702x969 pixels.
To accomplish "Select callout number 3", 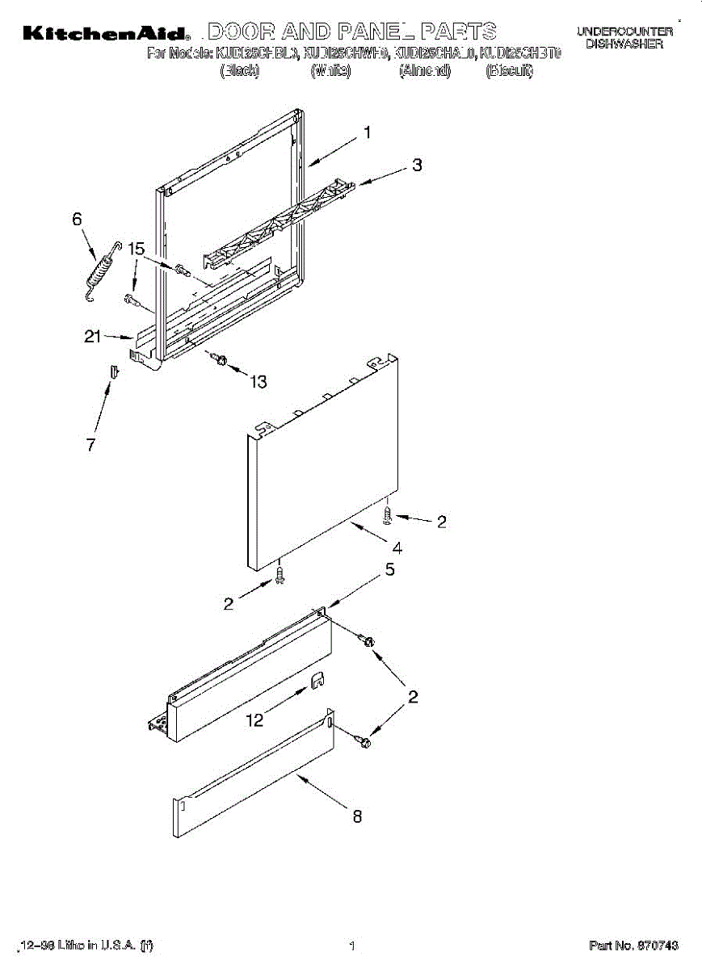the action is click(417, 166).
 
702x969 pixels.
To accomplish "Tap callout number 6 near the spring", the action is click(78, 218).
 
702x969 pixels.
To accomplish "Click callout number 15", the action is click(136, 250).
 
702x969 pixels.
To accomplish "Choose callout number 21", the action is click(92, 337).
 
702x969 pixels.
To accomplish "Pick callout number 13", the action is click(258, 382).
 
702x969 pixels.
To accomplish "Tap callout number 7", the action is click(91, 444).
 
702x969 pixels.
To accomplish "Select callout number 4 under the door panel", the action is click(397, 547).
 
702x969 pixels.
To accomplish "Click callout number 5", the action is click(389, 570).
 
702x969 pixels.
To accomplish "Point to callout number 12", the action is click(255, 720).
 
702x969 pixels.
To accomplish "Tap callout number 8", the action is click(356, 816).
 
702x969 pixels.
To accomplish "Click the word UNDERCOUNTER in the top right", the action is click(624, 31).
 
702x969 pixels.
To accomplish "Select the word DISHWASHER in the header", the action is click(624, 44).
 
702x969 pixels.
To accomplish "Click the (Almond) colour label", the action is click(425, 71).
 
